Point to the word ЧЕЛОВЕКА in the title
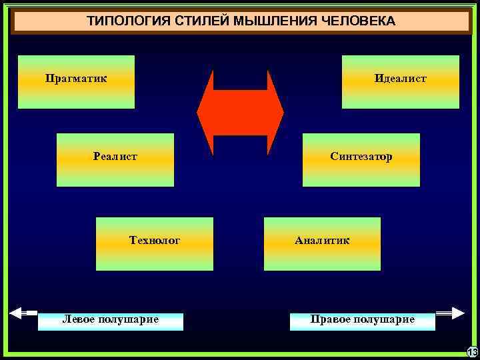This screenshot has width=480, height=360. pos(359,21)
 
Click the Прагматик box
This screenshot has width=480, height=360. pos(76,81)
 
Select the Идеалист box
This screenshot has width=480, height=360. pos(401,81)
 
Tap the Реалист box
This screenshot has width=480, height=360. pos(115,159)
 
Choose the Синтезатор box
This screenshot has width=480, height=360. pos(361,159)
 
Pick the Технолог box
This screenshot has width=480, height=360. pos(155,243)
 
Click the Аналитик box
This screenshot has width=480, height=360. pos(322,243)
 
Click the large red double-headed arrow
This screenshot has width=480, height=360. pos(240,113)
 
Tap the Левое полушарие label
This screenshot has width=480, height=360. pos(111,321)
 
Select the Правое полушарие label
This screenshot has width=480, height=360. pos(363,321)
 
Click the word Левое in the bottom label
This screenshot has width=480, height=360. pos(79,319)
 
